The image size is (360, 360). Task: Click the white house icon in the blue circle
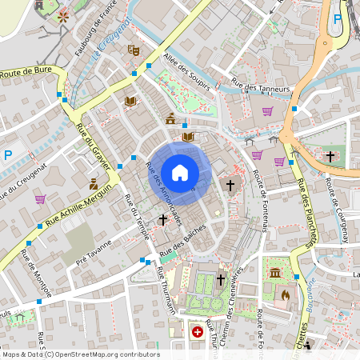(180, 172)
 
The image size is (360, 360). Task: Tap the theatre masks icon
(133, 50)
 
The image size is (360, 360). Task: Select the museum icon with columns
(275, 274)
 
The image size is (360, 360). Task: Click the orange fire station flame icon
(286, 294)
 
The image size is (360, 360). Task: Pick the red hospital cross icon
(198, 330)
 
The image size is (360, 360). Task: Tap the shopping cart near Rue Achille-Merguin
(40, 198)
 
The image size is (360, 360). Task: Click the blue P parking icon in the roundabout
(337, 18)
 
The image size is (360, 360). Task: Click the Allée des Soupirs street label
(183, 68)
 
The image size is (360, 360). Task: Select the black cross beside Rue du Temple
(163, 218)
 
